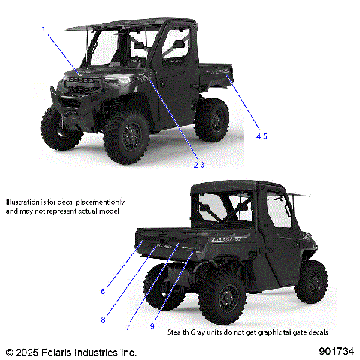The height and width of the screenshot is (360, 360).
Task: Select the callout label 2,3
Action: point(199,164)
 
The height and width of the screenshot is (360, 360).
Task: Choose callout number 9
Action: point(152,326)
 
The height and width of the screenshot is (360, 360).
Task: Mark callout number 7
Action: point(128,328)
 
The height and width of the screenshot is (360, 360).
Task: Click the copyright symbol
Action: point(10,351)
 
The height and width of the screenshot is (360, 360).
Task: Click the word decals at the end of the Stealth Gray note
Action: point(317,331)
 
